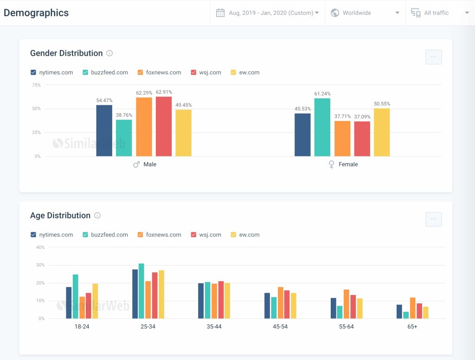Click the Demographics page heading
pos(36,13)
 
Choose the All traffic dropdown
pos(440,13)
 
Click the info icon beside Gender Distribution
pos(109,53)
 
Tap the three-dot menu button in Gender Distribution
pos(433,57)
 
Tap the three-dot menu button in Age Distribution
pos(433,219)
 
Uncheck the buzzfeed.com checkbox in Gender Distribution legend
pos(86,72)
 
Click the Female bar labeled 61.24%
pos(322,127)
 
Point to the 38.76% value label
pos(124,115)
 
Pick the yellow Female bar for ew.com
pos(382,132)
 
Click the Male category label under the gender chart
pos(150,164)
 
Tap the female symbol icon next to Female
pos(331,164)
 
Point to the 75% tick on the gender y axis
pos(36,85)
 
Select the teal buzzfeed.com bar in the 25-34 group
pos(141,291)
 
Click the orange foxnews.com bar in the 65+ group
pos(412,308)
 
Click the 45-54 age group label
pos(280,327)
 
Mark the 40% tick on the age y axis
pos(40,247)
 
